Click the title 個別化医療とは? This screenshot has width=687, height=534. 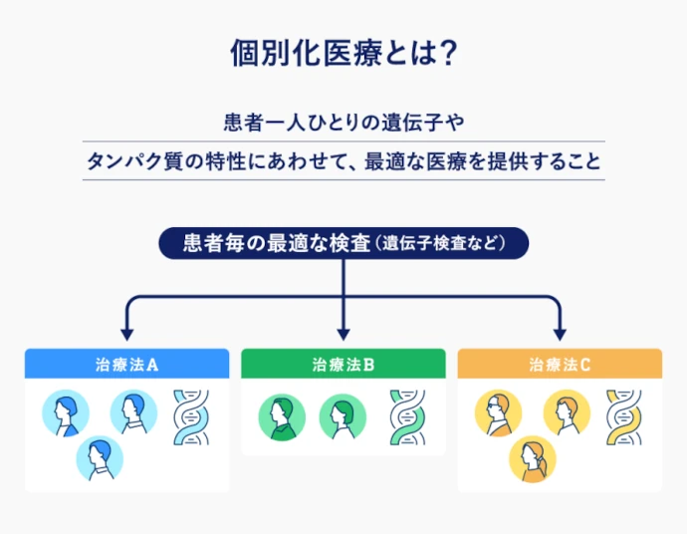(343, 53)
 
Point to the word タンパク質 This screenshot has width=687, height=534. (130, 161)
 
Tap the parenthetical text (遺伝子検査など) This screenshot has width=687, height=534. (442, 243)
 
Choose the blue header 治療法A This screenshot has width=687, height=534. (126, 364)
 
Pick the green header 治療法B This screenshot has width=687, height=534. (343, 364)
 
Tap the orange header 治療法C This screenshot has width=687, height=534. (560, 364)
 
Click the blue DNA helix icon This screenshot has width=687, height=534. (192, 415)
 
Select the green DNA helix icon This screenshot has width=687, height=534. (407, 416)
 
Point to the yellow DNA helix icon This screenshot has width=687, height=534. (624, 415)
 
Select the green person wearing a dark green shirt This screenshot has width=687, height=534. (282, 416)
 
